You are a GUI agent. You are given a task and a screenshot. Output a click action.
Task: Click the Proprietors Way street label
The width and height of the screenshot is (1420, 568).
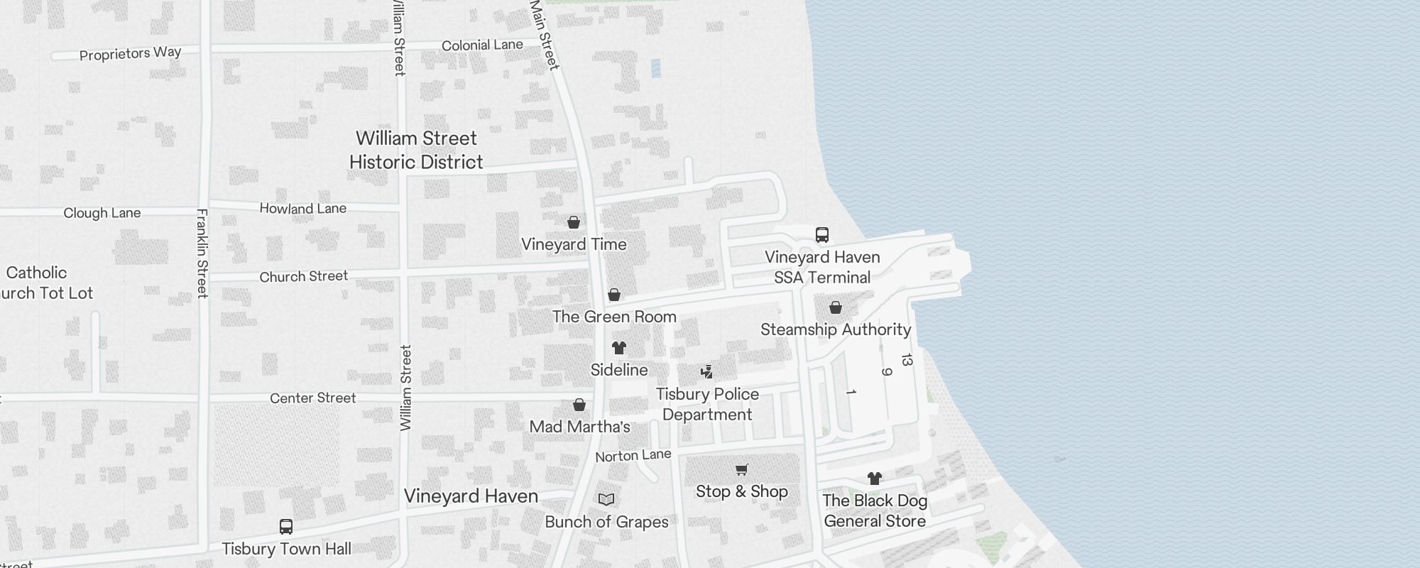point(130,53)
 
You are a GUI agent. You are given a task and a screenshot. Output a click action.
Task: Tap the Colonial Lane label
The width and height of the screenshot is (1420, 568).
point(482,45)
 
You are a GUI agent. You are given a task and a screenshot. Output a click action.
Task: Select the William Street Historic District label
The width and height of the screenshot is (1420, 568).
point(416,150)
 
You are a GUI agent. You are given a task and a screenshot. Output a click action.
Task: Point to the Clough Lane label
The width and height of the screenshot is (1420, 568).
point(102,213)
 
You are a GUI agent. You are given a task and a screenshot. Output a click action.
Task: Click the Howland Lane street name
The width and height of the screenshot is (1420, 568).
point(303,209)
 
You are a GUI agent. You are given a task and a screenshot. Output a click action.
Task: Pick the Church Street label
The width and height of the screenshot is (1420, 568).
point(304,276)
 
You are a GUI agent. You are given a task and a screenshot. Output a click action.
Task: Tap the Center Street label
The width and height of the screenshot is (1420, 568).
point(312,398)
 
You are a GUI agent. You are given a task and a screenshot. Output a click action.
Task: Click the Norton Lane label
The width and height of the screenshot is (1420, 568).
point(633,455)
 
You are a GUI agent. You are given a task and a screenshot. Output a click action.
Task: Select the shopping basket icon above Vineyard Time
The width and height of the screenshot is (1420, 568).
point(574,222)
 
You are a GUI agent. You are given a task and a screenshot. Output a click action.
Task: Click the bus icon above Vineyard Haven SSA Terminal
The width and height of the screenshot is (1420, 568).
point(822,235)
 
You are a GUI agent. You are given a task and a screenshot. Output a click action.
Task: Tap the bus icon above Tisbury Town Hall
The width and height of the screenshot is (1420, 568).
point(286,527)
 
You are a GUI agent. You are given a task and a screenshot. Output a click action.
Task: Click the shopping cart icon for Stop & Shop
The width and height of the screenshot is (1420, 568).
point(742,469)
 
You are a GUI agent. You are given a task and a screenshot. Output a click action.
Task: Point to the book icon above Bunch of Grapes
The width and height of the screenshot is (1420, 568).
point(606,500)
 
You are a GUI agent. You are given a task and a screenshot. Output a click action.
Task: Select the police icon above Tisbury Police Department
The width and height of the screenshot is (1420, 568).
point(706,371)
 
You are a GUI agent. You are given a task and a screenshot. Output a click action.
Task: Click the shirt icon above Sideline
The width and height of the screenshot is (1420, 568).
point(619,348)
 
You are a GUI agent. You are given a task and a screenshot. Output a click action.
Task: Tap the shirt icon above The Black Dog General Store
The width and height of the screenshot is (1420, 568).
point(875,479)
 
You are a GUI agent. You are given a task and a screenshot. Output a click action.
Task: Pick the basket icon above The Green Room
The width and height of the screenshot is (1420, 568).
point(614,295)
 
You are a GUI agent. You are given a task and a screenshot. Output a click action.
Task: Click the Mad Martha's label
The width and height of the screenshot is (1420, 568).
point(580,427)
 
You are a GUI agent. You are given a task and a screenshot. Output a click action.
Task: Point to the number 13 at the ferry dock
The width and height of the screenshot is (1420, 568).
point(906,360)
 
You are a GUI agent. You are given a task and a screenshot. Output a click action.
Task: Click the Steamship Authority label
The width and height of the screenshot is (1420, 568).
point(836,329)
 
